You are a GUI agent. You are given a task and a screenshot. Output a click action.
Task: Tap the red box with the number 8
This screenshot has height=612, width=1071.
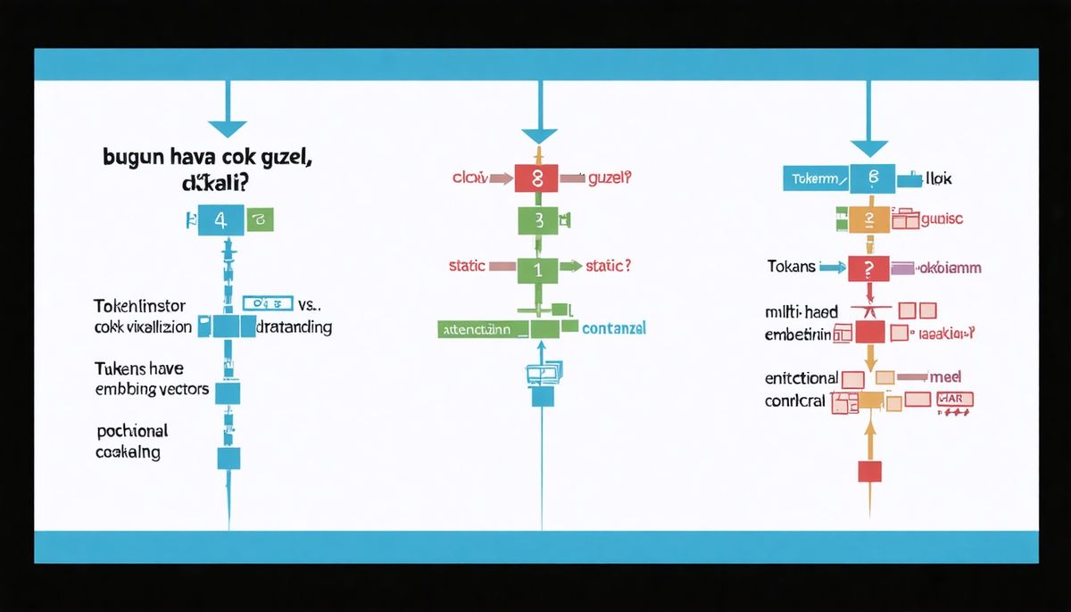(x=536, y=178)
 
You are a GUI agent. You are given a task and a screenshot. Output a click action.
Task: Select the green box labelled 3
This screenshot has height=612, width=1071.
(x=537, y=220)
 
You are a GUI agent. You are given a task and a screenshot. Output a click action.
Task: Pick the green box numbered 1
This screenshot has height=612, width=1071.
(x=537, y=267)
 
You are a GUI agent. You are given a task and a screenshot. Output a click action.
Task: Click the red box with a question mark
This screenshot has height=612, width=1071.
(x=869, y=267)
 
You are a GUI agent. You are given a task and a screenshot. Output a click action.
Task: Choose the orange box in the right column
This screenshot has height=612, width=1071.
(x=869, y=219)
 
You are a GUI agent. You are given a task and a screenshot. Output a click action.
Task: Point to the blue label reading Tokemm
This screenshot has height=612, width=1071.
(x=814, y=179)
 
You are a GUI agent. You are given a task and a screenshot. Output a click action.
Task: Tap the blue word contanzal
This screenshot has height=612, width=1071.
(x=613, y=329)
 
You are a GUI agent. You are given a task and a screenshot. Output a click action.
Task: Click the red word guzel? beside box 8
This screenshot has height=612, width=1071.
(x=610, y=178)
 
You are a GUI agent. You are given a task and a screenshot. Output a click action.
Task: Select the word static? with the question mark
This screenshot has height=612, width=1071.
(x=609, y=266)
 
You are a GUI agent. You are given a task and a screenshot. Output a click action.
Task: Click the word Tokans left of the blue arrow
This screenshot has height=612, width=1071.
(x=791, y=266)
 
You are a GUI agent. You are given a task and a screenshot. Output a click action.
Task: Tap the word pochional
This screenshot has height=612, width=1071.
(x=131, y=431)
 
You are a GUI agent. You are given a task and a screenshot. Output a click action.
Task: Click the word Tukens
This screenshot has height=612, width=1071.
(x=120, y=368)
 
